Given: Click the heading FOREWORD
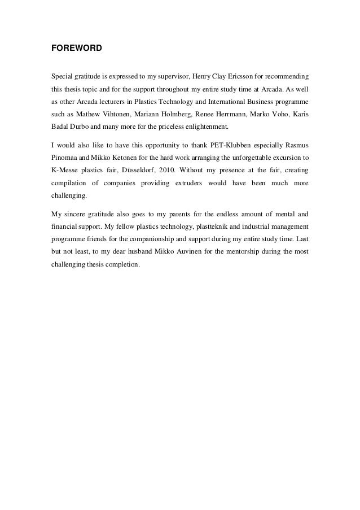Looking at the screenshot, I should (x=76, y=49).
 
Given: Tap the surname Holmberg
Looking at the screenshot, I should (x=179, y=115).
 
